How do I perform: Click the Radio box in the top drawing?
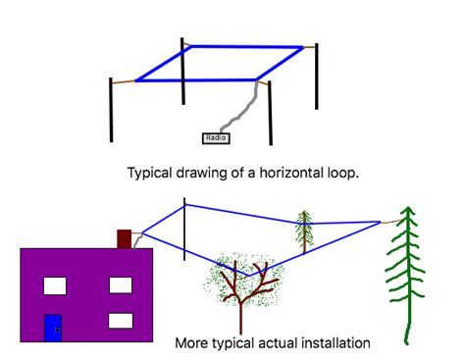pyautogui.click(x=216, y=138)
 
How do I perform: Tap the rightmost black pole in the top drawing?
pyautogui.click(x=316, y=77)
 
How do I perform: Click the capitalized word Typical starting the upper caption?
pyautogui.click(x=150, y=172)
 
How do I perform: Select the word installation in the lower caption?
pyautogui.click(x=334, y=343)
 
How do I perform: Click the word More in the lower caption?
pyautogui.click(x=191, y=343)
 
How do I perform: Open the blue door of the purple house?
pyautogui.click(x=53, y=328)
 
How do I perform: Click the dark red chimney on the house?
pyautogui.click(x=124, y=238)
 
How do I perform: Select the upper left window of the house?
pyautogui.click(x=54, y=285)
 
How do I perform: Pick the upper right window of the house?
pyautogui.click(x=120, y=285)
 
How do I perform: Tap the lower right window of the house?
pyautogui.click(x=120, y=320)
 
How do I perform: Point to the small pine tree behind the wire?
pyautogui.click(x=304, y=231)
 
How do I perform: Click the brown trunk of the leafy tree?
pyautogui.click(x=239, y=309)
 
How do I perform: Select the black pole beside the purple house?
pyautogui.click(x=184, y=229)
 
